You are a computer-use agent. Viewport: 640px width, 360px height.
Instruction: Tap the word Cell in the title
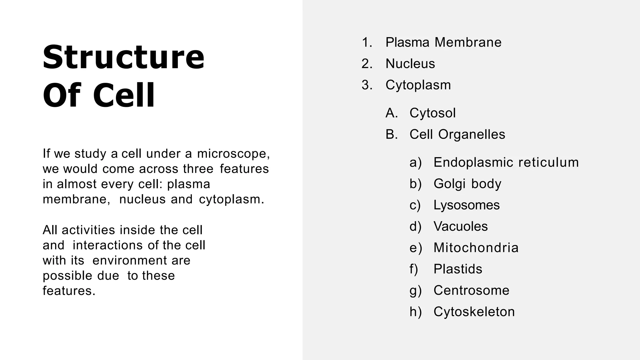[124, 96]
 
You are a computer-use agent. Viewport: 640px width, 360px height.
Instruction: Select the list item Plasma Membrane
[443, 42]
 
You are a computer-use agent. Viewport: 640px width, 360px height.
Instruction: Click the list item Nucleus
[410, 64]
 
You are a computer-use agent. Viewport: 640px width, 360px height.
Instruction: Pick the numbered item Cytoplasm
[418, 85]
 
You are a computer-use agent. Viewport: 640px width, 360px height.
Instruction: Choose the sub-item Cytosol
[432, 113]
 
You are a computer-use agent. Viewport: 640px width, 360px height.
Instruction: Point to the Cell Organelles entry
[457, 134]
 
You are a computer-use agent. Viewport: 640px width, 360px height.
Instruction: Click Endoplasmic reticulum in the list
[506, 162]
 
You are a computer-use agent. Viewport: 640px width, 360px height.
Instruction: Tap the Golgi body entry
[467, 184]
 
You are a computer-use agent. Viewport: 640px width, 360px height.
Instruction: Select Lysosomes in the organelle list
[467, 205]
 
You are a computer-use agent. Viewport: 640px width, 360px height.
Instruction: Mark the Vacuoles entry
[460, 227]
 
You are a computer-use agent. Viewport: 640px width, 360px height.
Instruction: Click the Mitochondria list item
[476, 248]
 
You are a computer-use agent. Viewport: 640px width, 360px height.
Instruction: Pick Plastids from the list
[458, 269]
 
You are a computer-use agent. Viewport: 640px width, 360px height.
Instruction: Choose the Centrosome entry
[471, 290]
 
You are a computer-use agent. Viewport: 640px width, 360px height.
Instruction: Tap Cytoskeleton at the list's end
[474, 312]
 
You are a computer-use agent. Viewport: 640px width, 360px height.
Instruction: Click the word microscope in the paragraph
[233, 154]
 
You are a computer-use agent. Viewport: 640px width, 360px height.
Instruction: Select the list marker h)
[415, 312]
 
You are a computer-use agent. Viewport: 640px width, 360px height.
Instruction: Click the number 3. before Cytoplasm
[367, 85]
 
